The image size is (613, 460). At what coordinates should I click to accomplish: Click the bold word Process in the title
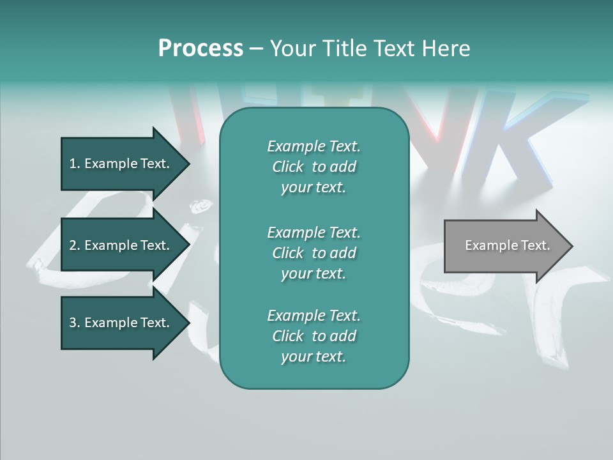(x=201, y=49)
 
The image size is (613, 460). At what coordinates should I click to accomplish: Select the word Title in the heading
(x=344, y=49)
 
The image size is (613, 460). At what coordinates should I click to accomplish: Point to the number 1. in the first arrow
(x=74, y=164)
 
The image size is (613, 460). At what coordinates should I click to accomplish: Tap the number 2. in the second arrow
(x=74, y=245)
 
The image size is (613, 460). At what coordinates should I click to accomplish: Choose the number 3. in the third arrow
(x=74, y=323)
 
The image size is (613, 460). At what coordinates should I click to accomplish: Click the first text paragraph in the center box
(x=314, y=167)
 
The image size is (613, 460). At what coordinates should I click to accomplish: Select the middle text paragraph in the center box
(x=314, y=252)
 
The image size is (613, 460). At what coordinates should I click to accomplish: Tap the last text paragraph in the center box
(x=314, y=336)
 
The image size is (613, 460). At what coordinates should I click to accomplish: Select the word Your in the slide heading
(x=292, y=49)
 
